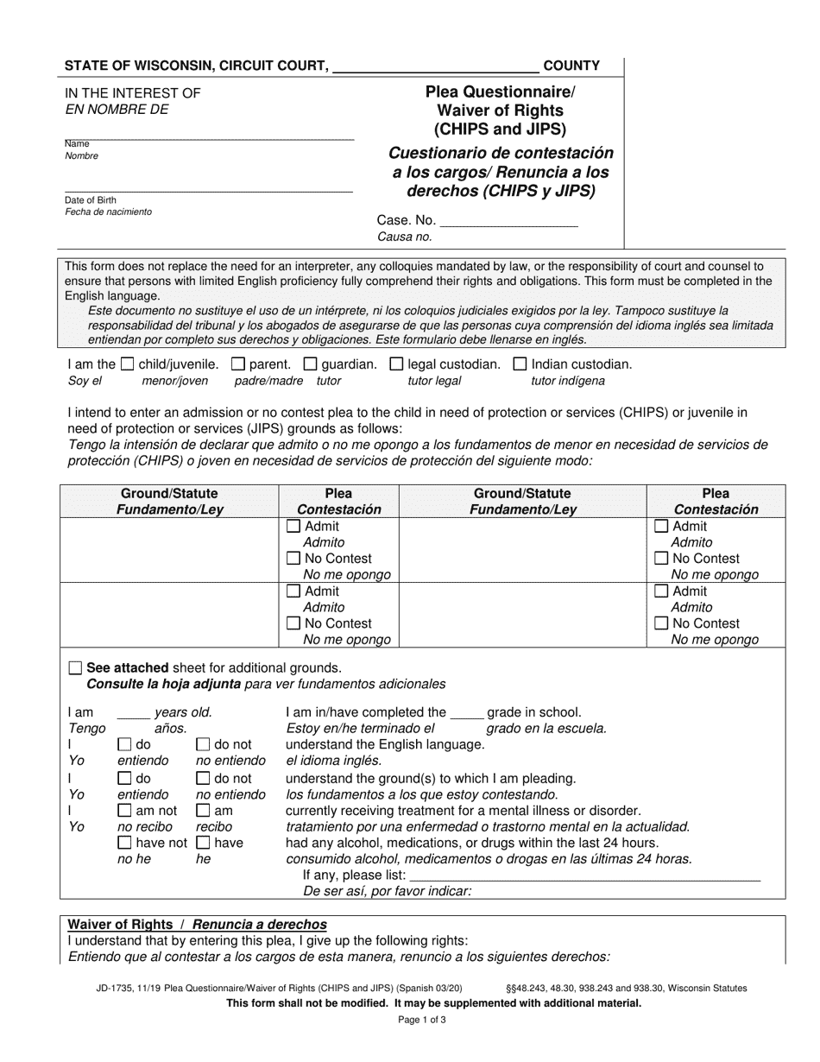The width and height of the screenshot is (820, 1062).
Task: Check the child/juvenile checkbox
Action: click(x=127, y=364)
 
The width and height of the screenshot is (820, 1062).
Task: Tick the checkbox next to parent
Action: click(x=238, y=364)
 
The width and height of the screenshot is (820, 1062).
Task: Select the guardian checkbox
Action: click(x=311, y=364)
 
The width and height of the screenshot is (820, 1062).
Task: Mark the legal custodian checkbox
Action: click(x=396, y=364)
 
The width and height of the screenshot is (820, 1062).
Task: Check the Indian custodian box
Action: click(x=520, y=364)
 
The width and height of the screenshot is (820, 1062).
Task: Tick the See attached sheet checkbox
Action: click(x=75, y=667)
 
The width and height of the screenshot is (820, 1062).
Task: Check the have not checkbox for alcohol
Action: click(x=125, y=843)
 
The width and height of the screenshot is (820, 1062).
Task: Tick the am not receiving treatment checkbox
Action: click(x=125, y=811)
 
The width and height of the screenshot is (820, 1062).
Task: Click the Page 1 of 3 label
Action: click(x=421, y=1020)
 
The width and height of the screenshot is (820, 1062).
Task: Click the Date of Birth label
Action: click(x=91, y=200)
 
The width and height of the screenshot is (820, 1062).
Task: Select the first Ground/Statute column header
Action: click(x=169, y=494)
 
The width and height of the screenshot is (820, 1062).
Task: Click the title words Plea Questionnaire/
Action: click(x=500, y=92)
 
